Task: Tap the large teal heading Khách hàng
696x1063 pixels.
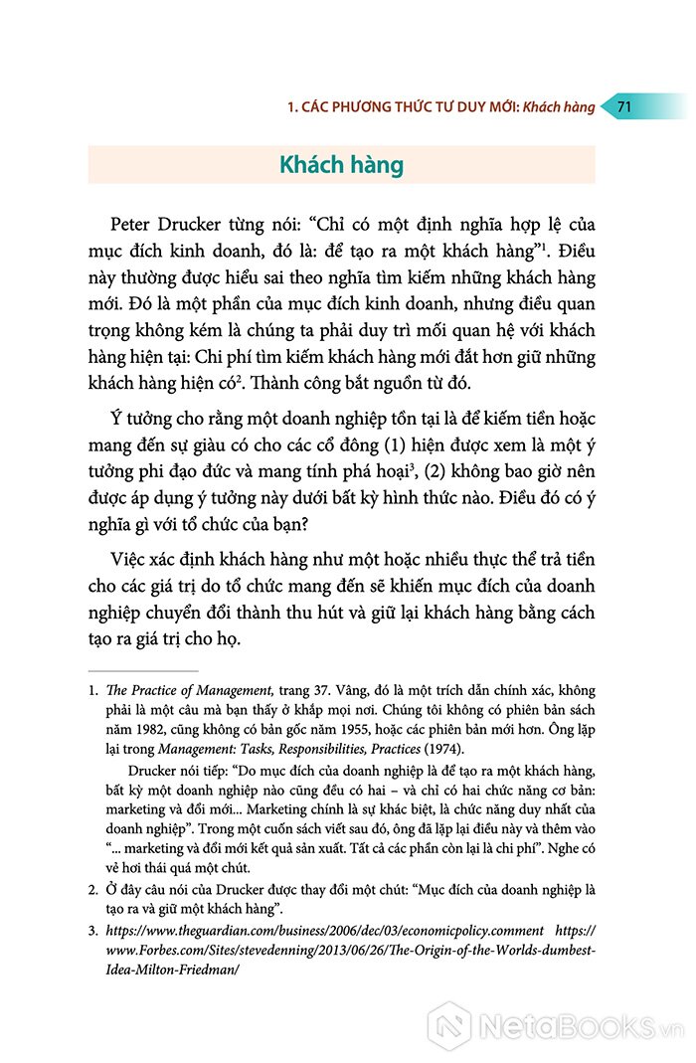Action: coord(341,165)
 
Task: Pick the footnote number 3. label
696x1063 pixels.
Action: coord(92,931)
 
